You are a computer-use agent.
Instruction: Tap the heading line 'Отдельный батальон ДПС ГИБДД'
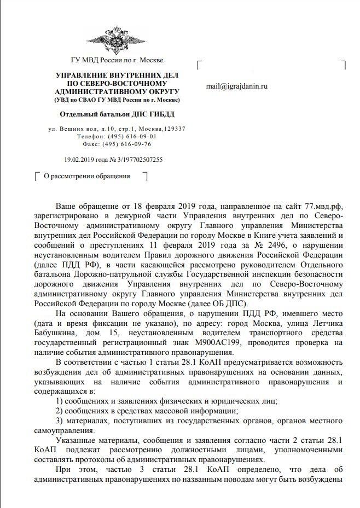[117, 114]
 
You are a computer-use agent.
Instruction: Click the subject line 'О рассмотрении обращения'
[87, 176]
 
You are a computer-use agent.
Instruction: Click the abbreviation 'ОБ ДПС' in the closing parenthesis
[231, 303]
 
